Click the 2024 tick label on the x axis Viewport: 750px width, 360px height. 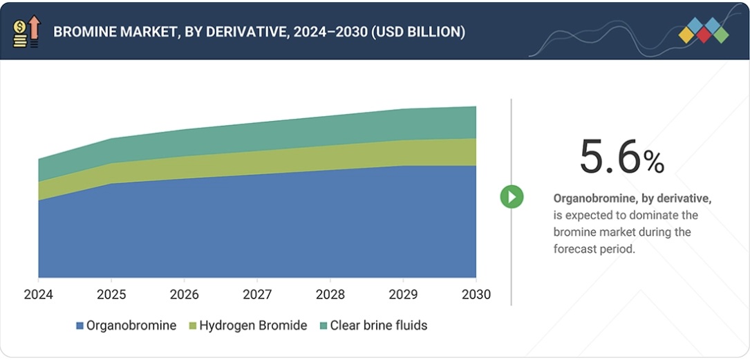(x=38, y=295)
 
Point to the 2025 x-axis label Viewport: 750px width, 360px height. (x=111, y=295)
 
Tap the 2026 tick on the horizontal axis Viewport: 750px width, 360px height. (x=184, y=295)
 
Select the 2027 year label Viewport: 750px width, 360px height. (x=257, y=295)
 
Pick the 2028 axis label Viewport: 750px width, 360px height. (x=330, y=295)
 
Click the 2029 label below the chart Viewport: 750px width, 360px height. (x=403, y=295)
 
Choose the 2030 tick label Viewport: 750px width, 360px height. (x=476, y=295)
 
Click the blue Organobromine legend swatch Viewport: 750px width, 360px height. (x=80, y=325)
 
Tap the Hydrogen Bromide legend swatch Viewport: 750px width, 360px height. (x=193, y=325)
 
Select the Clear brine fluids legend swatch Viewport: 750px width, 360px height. (x=323, y=325)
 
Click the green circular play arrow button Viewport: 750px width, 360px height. (x=512, y=197)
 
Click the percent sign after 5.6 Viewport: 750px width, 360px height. (x=653, y=162)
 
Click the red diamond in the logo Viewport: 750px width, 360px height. (x=704, y=35)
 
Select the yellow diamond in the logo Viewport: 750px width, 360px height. (x=686, y=35)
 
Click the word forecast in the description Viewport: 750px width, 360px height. (x=576, y=249)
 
